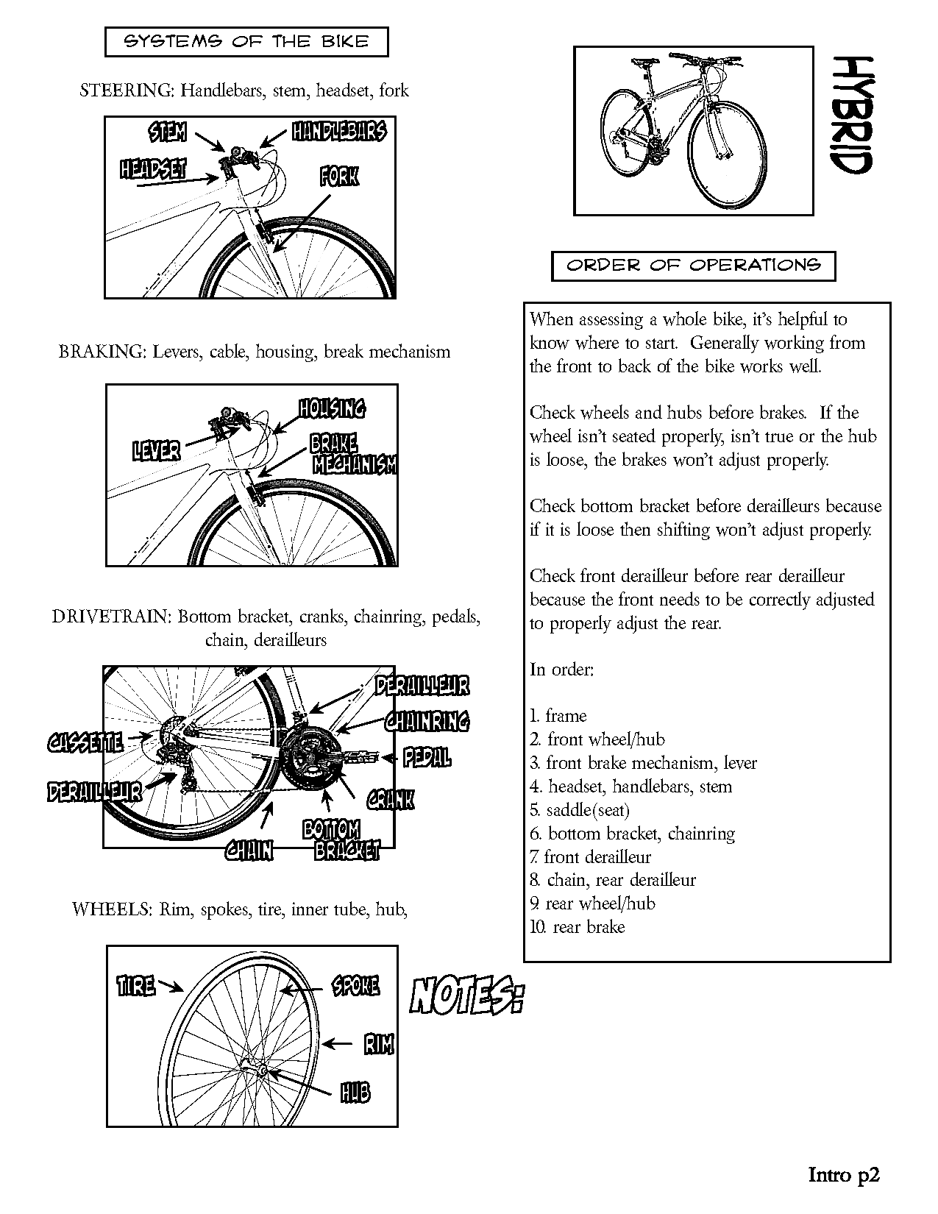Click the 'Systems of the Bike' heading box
click(x=246, y=42)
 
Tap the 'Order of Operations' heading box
click(x=693, y=266)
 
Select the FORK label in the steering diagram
click(x=339, y=177)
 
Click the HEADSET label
click(x=153, y=169)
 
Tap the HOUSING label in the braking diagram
click(x=332, y=408)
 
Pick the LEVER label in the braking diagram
click(x=156, y=450)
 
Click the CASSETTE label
click(x=85, y=743)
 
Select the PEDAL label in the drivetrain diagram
click(x=427, y=759)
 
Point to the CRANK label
click(x=391, y=800)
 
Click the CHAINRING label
click(x=427, y=721)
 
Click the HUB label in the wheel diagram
click(x=355, y=1093)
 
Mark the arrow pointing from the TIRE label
click(x=171, y=987)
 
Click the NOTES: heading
click(x=466, y=997)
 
